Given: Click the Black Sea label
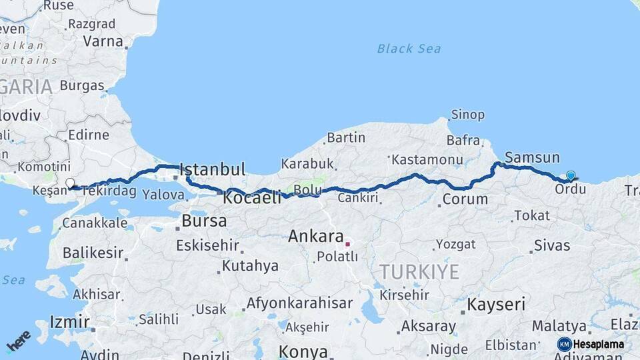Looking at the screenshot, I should [409, 48].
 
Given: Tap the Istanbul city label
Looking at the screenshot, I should [213, 169].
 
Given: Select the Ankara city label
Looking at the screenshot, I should [316, 237].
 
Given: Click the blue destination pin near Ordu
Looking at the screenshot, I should [571, 175].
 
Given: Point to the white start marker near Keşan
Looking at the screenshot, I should [70, 182].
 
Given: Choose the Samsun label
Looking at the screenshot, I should [532, 158].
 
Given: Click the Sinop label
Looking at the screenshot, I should [468, 115].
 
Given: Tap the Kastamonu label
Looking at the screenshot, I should [427, 160].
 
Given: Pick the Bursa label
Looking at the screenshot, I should [204, 221].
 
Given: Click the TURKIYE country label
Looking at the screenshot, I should [419, 271].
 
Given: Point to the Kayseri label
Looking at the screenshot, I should [496, 305].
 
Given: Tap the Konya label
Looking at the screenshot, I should [303, 351].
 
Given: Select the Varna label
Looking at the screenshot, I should [103, 41].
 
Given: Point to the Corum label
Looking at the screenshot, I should [465, 199].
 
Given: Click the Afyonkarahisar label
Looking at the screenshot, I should [299, 303].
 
